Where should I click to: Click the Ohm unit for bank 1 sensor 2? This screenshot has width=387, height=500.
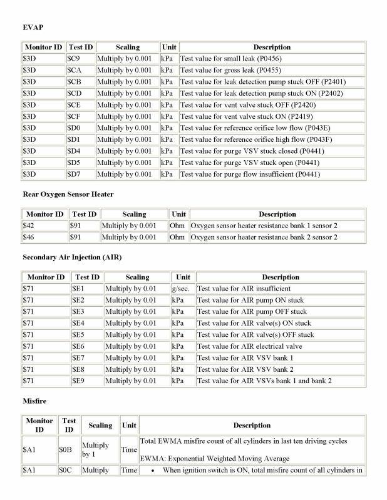[178, 225]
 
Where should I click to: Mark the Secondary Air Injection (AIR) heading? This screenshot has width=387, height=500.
[72, 257]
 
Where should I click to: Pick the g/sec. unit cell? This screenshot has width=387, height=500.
[180, 288]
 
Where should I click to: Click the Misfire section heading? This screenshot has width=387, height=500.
[34, 401]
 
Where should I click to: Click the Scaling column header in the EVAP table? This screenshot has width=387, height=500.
[127, 47]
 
